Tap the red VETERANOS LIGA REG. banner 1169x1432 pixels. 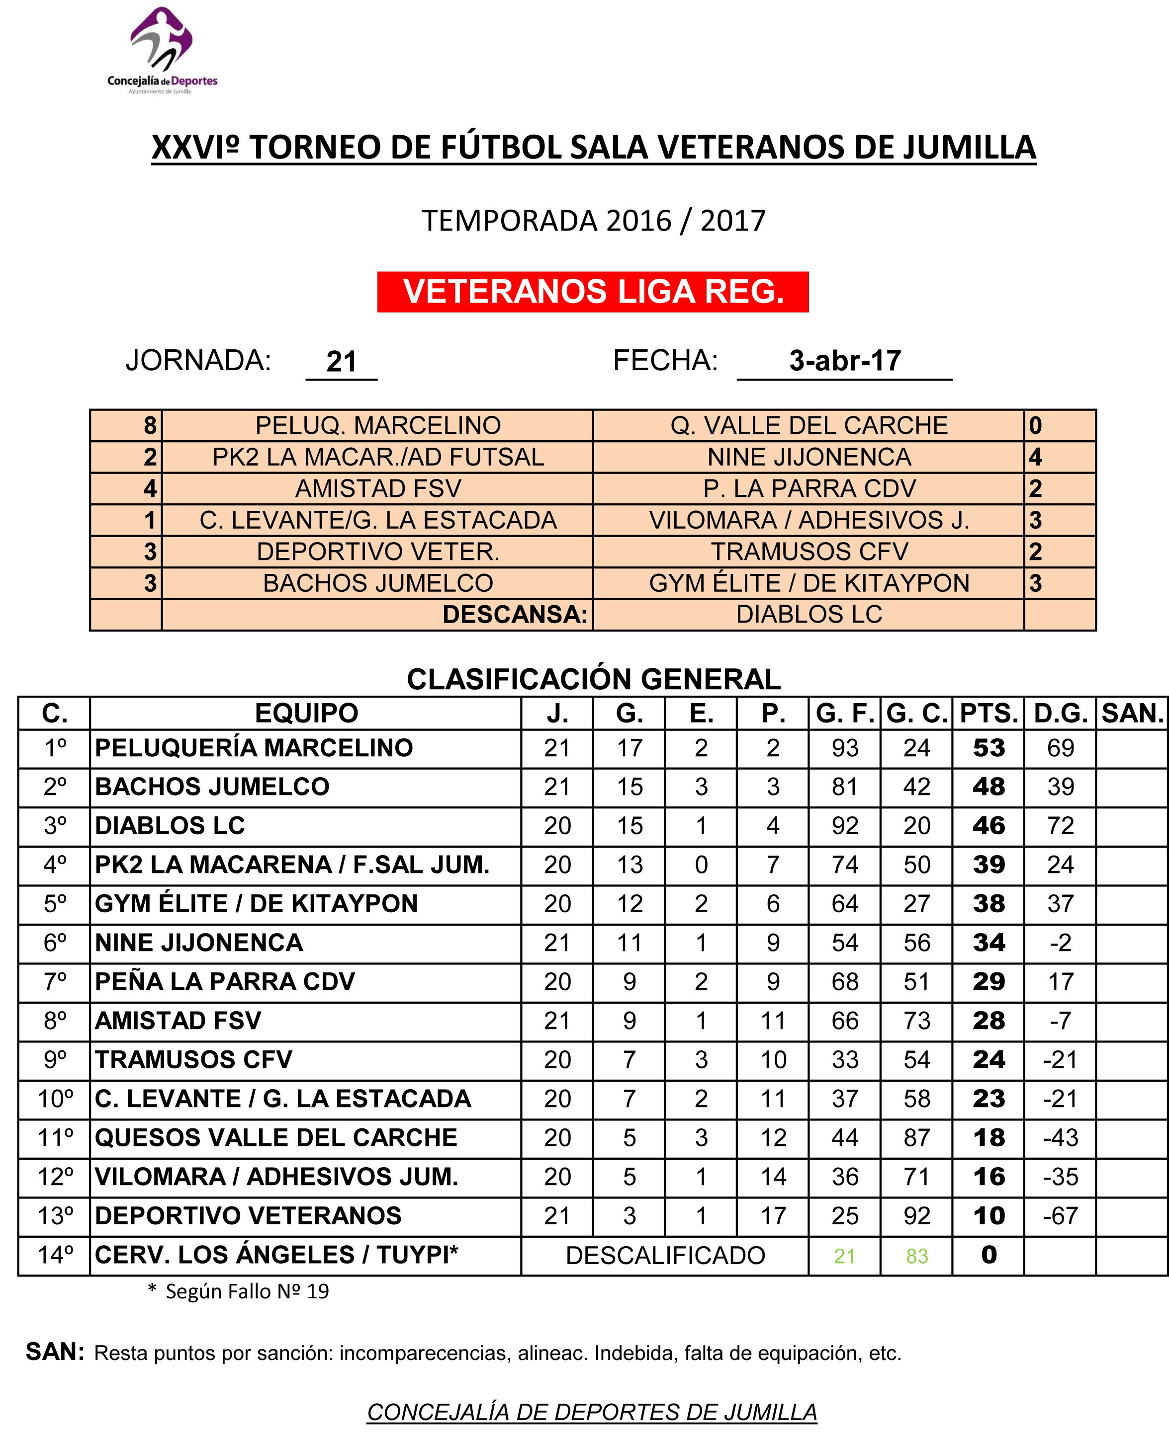593,291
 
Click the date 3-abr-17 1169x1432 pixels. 844,361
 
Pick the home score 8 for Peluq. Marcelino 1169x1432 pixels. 150,425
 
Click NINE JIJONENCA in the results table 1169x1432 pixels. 809,457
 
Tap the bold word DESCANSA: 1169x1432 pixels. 515,614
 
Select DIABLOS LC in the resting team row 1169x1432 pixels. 809,614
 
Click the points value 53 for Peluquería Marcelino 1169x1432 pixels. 988,748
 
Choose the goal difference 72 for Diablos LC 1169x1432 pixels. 1061,826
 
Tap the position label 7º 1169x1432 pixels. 55,982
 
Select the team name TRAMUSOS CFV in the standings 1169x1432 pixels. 194,1060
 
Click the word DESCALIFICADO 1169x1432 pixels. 665,1256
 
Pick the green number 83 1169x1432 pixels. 916,1256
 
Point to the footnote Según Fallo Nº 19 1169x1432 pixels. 247,1291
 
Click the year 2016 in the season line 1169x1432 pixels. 638,221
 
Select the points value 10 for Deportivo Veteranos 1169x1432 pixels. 988,1216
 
